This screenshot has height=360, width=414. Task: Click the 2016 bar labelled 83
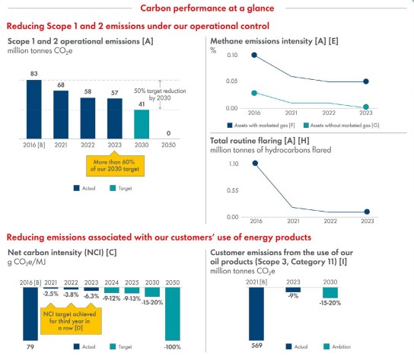coord(33,106)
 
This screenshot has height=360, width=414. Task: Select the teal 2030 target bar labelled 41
coord(142,123)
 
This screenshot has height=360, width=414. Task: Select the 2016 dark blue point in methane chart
coord(233,56)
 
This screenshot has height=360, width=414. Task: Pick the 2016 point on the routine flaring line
coord(233,163)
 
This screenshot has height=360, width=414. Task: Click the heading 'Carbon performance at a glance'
coord(207,8)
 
